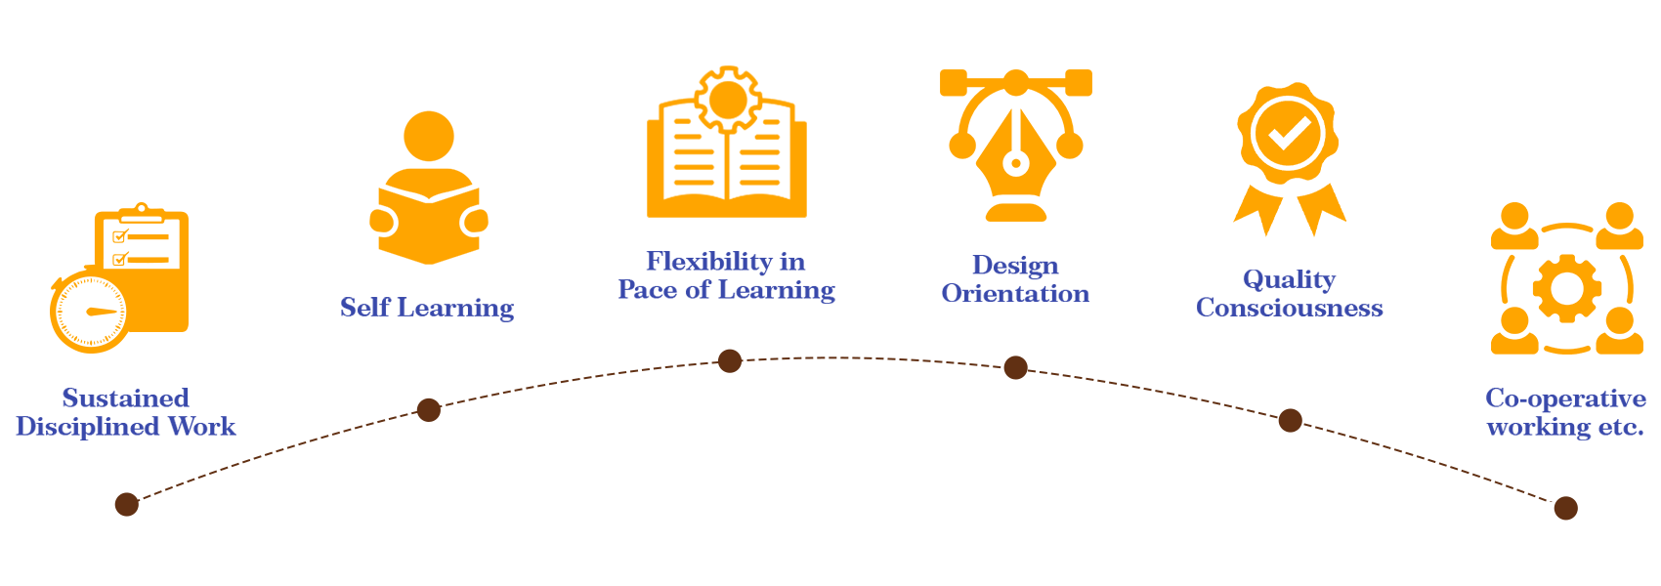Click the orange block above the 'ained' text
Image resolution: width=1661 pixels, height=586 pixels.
click(118, 274)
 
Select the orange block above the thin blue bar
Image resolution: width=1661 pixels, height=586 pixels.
click(429, 186)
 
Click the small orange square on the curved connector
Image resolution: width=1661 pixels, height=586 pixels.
click(1079, 83)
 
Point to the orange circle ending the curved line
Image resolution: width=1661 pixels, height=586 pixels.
click(1070, 146)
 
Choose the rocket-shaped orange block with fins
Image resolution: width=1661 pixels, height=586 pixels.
click(1290, 161)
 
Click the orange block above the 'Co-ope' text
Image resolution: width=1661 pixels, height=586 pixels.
click(1566, 276)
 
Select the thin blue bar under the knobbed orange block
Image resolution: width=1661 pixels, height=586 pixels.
click(427, 310)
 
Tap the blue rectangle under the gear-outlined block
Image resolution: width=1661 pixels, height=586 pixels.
click(726, 277)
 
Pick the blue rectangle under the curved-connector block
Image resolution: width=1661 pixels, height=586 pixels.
click(1015, 278)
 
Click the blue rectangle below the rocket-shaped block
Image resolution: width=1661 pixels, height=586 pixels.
click(1290, 293)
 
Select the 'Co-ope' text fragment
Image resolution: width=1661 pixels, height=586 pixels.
click(1527, 398)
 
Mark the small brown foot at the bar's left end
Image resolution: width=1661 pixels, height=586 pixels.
click(126, 506)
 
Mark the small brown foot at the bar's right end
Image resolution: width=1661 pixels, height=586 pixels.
click(1565, 509)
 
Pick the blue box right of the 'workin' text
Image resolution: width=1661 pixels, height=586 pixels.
click(1608, 414)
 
